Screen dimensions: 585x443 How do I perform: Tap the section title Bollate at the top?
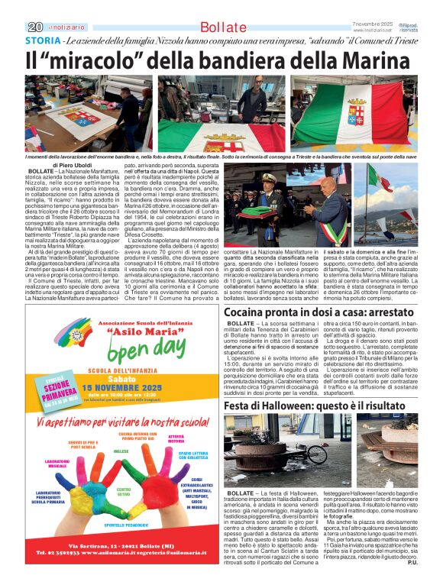223,27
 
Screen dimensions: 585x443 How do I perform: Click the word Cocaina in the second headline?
254,312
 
